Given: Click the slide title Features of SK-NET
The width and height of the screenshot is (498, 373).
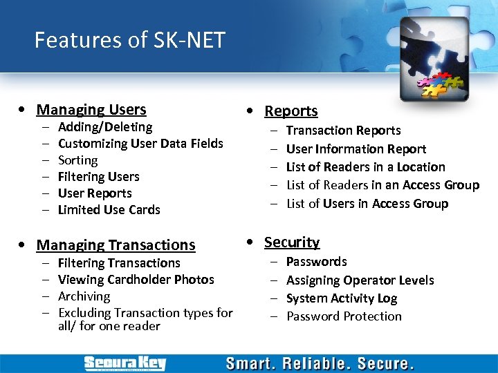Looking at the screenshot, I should click(130, 40).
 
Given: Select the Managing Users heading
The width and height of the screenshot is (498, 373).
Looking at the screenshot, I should click(91, 109).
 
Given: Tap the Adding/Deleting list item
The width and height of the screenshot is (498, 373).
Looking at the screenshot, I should click(105, 127).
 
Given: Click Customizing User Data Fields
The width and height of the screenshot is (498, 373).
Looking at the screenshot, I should click(140, 144).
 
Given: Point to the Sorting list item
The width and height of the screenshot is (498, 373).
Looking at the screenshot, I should click(77, 160).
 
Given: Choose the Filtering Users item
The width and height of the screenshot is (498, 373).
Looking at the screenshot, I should click(98, 177).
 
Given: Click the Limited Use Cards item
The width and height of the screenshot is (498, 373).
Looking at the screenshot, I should click(109, 210).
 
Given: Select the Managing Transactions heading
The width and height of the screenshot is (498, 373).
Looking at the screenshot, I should click(116, 245).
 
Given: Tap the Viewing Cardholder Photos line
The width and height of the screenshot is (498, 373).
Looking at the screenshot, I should click(136, 280).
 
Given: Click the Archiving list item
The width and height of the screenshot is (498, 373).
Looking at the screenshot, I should click(84, 296).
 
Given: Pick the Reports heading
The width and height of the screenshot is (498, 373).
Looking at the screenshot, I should click(290, 111).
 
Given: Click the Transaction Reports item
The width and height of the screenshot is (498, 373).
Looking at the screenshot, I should click(343, 131).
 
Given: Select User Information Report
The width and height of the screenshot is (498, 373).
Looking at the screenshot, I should click(356, 149).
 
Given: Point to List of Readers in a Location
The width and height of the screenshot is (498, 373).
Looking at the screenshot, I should click(365, 167).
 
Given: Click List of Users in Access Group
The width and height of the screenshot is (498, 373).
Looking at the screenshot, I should click(367, 204).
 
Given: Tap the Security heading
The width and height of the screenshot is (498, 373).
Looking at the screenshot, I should click(292, 242).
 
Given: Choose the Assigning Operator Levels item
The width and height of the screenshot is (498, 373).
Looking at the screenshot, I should click(360, 280).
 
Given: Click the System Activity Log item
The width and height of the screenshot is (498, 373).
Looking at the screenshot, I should click(341, 298).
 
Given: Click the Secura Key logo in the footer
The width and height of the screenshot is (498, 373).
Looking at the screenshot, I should click(124, 363).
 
